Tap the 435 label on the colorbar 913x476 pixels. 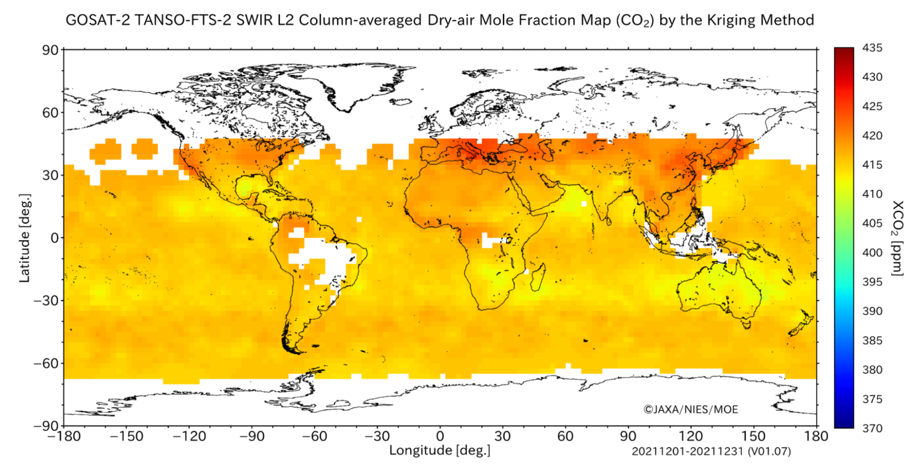[x=872, y=48]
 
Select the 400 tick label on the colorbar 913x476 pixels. [x=872, y=253]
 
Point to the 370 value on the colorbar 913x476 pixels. [x=872, y=428]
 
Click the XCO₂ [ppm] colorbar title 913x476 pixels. [x=898, y=238]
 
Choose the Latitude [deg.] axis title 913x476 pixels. [x=25, y=238]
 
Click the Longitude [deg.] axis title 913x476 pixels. [x=440, y=450]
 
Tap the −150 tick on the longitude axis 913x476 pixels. [x=127, y=436]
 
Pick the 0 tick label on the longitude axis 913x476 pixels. [x=440, y=436]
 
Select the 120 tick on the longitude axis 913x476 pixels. [x=691, y=436]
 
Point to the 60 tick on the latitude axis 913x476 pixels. [x=51, y=112]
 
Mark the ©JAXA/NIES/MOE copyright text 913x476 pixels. [x=691, y=409]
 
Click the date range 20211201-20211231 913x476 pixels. [x=688, y=452]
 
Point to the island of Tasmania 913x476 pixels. [x=747, y=324]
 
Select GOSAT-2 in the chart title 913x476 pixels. [x=98, y=20]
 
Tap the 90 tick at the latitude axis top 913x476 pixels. [x=51, y=50]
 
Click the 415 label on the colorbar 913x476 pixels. [x=872, y=165]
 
